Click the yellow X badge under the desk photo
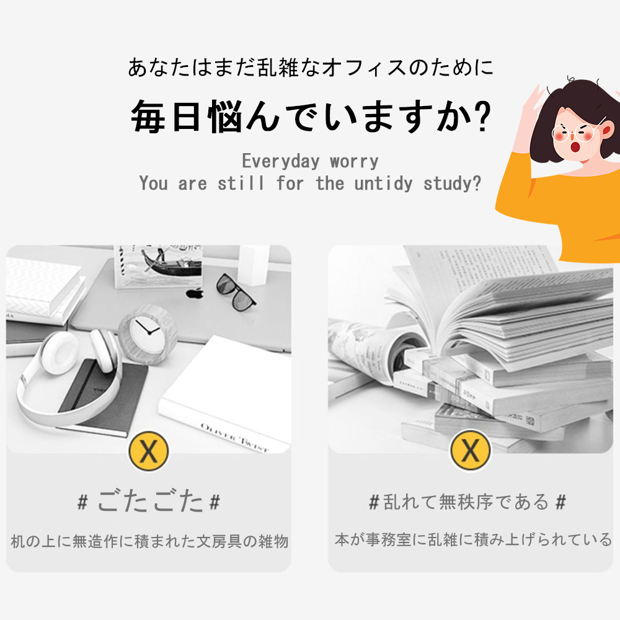149,452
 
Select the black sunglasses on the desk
236,291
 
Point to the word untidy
386,184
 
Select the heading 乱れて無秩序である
467,501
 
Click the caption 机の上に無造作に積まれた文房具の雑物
149,541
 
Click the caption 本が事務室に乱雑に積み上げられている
473,539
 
